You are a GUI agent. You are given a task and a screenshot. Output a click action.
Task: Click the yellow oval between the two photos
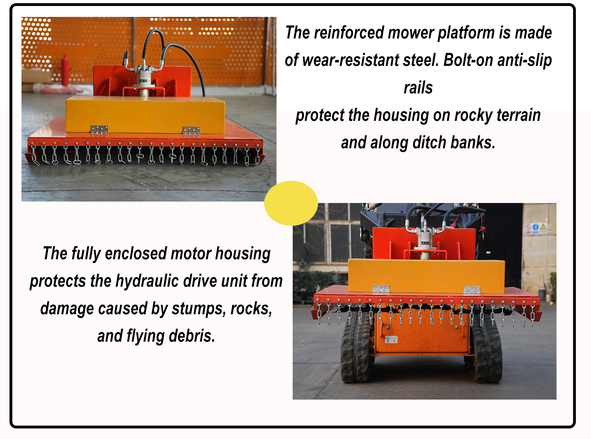tap(291, 203)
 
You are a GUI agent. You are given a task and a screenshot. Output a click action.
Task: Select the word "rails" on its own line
tap(418, 88)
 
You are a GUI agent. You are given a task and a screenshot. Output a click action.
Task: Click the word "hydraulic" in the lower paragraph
tap(147, 281)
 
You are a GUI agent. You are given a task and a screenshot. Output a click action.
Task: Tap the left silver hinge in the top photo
tap(99, 129)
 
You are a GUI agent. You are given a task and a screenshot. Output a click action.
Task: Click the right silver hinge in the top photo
tap(191, 131)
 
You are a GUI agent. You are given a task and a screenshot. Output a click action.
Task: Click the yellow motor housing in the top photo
tap(145, 115)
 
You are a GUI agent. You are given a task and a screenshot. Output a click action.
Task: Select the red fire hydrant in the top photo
tap(65, 71)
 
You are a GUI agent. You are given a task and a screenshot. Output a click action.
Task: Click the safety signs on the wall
tap(535, 228)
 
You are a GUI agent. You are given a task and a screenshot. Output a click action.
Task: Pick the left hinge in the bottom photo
tap(381, 289)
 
